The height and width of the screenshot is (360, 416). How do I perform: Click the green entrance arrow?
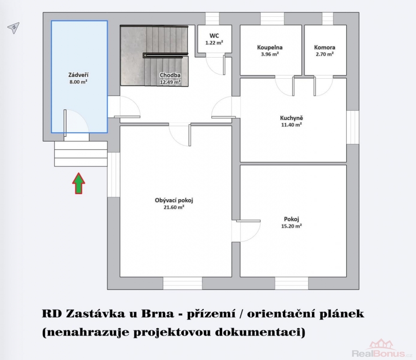pos(79,183)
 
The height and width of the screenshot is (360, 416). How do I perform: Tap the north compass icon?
pos(14,28)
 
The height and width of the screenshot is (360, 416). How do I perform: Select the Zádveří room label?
pos(78,75)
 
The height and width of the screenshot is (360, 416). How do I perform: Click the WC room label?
pos(214,36)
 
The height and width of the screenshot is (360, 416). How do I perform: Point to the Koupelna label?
pos(269,47)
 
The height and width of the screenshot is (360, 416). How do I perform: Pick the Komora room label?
pos(325,47)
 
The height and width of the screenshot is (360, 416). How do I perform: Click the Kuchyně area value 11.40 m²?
pos(291,125)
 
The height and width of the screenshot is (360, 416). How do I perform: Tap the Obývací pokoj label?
pos(174,201)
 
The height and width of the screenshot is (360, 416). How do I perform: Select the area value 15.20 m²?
pos(291,226)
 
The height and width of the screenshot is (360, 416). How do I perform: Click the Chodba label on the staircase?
pos(170,75)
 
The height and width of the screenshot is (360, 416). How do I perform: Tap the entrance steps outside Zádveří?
pos(81,154)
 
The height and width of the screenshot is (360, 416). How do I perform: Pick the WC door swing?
pos(215,64)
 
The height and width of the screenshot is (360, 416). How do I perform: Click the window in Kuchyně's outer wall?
pos(353,127)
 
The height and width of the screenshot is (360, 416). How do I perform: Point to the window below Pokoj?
pos(291,283)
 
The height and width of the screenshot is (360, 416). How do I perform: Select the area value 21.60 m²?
pos(174,207)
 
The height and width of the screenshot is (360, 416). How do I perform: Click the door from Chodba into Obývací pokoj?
pos(180,135)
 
